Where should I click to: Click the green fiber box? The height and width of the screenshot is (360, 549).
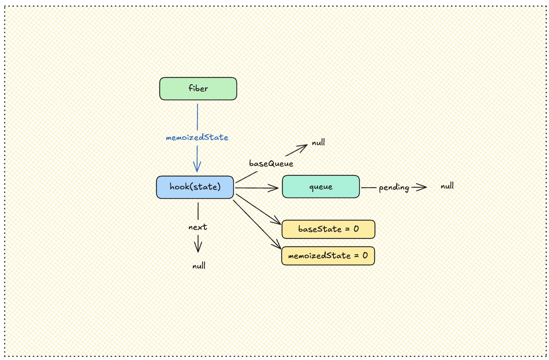[198, 89]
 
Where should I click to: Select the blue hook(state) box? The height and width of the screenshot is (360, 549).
[195, 187]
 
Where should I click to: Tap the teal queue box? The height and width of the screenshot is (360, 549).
[321, 186]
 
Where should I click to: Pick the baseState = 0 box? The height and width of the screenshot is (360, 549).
[328, 229]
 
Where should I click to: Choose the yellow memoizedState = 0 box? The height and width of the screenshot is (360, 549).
[328, 256]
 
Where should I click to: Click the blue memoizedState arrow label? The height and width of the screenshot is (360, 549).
[197, 137]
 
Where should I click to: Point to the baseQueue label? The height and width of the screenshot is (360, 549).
[271, 164]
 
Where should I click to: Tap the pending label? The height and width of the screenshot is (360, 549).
[394, 188]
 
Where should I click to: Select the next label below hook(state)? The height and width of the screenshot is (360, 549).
[198, 227]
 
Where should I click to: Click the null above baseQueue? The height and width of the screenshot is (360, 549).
[318, 143]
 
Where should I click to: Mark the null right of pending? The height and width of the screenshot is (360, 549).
[447, 186]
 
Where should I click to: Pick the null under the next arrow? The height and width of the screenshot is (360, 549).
[199, 266]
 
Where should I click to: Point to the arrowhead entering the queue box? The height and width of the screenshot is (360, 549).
[276, 188]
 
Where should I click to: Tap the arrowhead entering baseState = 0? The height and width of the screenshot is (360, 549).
[278, 222]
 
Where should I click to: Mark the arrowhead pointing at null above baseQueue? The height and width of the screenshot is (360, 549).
[304, 146]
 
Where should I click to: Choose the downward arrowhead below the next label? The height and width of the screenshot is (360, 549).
[198, 249]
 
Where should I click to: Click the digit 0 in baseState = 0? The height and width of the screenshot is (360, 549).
[356, 229]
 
